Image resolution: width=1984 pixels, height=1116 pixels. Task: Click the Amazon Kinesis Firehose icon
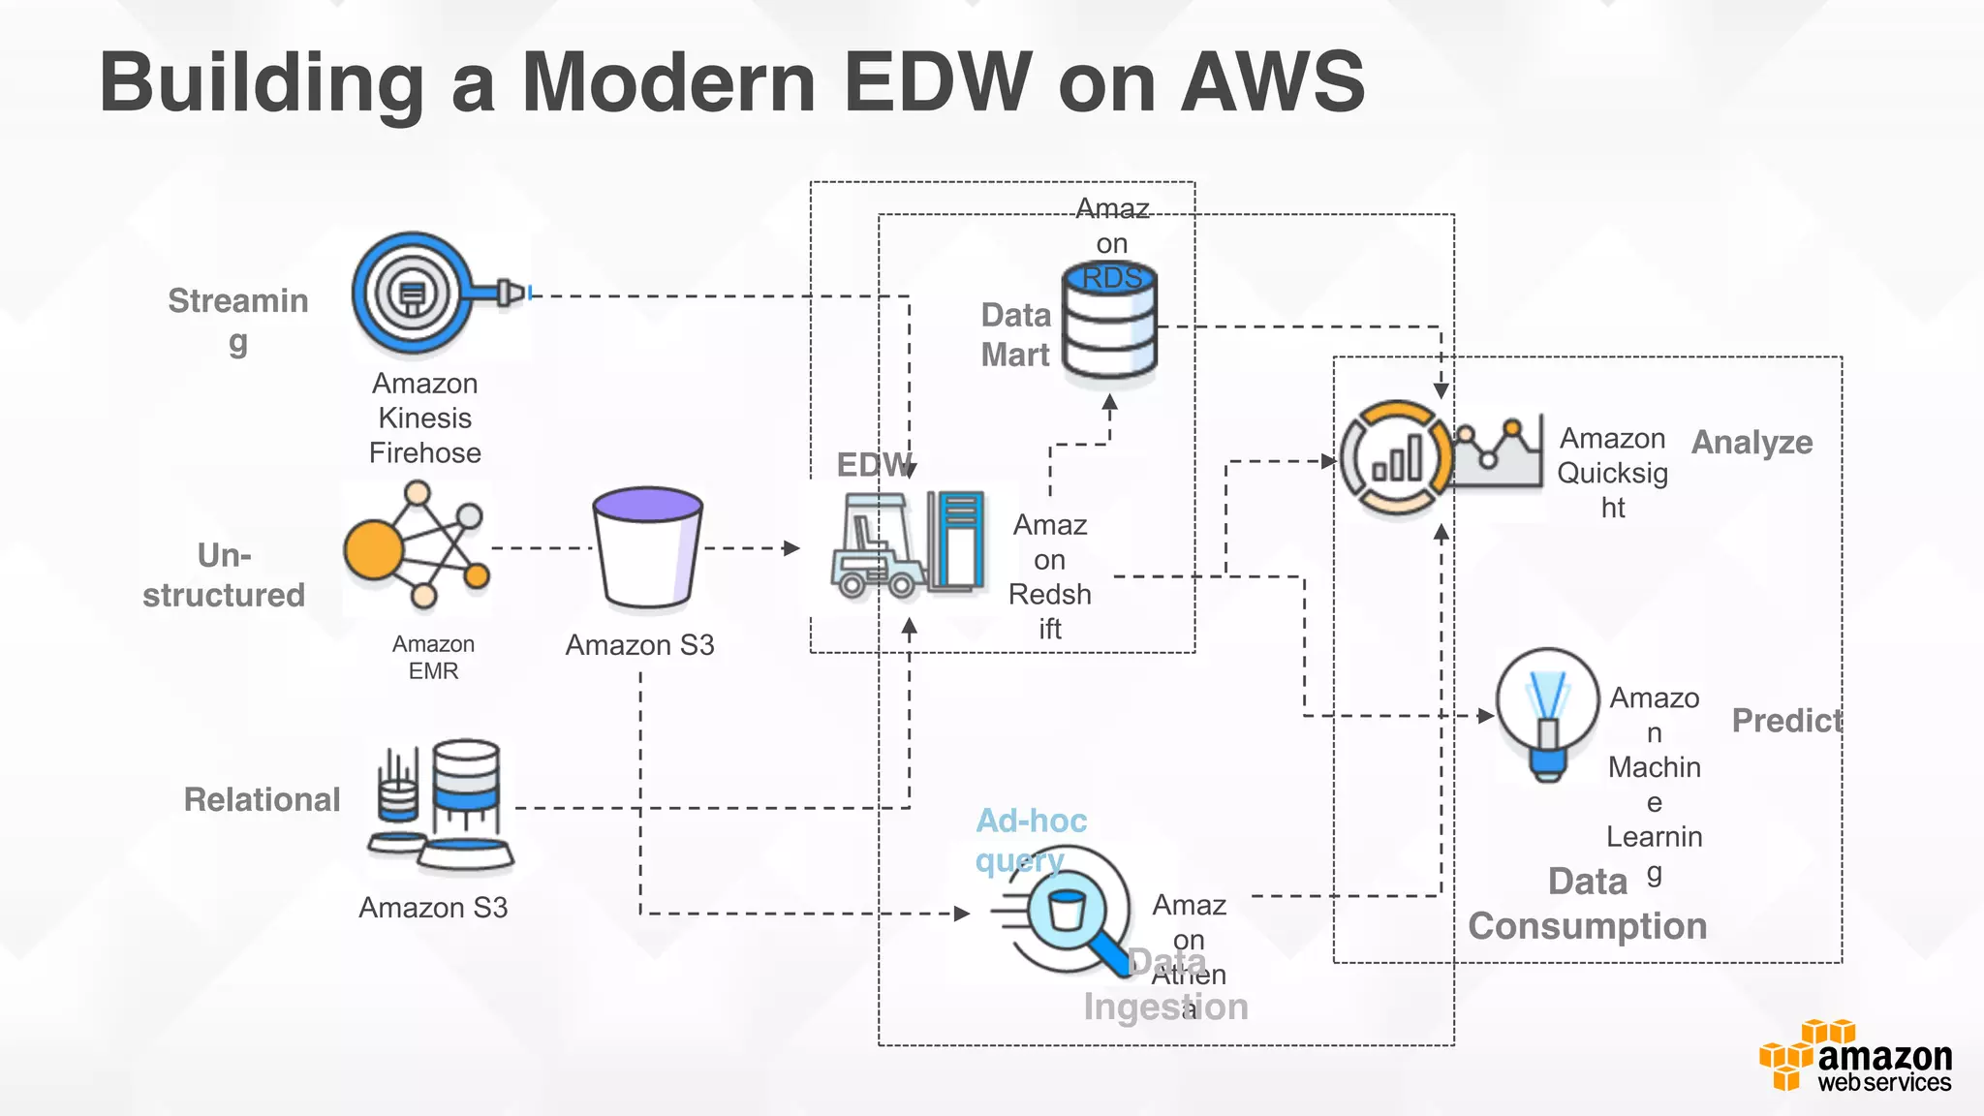pyautogui.click(x=415, y=293)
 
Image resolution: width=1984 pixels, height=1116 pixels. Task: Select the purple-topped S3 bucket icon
pyautogui.click(x=647, y=548)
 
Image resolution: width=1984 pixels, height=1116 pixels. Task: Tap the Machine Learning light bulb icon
pyautogui.click(x=1547, y=715)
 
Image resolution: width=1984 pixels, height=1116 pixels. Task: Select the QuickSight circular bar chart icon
pyautogui.click(x=1397, y=459)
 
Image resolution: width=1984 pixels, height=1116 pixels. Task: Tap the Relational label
pyautogui.click(x=262, y=800)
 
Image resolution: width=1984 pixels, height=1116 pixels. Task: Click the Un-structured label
pyautogui.click(x=224, y=575)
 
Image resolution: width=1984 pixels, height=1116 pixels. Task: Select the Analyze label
pyautogui.click(x=1751, y=443)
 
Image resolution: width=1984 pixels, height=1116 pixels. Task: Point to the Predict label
pyautogui.click(x=1786, y=721)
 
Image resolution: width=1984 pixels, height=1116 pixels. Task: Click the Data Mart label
pyautogui.click(x=1015, y=335)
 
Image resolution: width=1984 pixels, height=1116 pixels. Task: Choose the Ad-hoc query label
pyautogui.click(x=1030, y=840)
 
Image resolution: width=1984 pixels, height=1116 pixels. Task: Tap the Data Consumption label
pyautogui.click(x=1587, y=905)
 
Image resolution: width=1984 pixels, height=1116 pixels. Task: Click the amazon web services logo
pyautogui.click(x=1856, y=1058)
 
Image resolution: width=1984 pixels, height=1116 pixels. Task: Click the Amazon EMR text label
pyautogui.click(x=433, y=658)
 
